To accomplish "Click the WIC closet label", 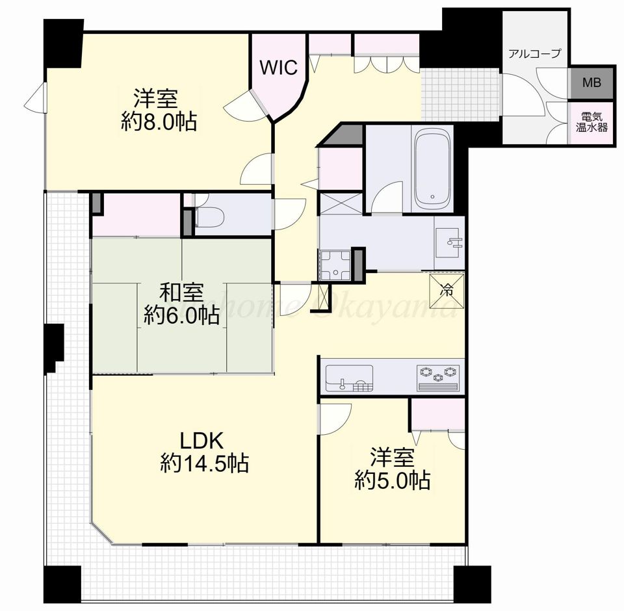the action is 279,68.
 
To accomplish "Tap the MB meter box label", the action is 591,83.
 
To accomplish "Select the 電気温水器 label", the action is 591,122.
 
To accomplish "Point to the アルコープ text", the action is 534,53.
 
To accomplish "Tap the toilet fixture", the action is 209,217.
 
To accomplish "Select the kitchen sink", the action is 349,378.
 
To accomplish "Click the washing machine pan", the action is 336,265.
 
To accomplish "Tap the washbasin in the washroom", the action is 448,243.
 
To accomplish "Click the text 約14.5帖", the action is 205,463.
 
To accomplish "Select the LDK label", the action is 201,441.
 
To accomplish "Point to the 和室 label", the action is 181,292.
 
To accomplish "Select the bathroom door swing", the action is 387,197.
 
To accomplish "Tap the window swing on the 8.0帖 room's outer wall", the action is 35,98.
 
